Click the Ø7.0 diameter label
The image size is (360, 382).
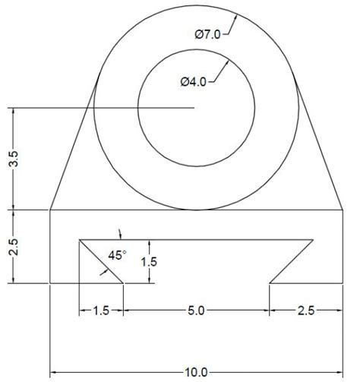208,33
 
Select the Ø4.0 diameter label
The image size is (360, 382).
194,82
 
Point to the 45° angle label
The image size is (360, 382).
117,256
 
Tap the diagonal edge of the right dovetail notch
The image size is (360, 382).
292,262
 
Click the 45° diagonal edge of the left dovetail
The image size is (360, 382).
103,263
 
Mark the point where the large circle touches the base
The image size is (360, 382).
197,209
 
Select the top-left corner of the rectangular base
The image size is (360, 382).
50,209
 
